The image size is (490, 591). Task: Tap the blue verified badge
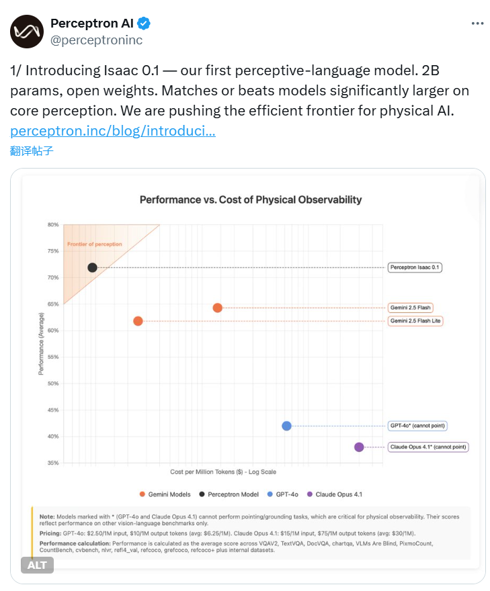pos(145,24)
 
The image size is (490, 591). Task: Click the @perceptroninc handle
pos(97,40)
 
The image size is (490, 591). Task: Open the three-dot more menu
pos(477,23)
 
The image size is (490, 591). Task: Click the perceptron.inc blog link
pos(113,131)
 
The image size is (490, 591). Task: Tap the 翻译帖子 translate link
pos(32,150)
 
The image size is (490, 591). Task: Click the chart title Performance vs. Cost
pos(250,199)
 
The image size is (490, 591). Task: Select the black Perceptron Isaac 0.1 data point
pos(93,267)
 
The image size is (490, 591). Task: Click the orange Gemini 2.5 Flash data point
pos(217,308)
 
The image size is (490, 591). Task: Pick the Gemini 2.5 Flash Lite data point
pos(138,321)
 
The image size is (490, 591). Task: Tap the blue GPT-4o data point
pos(286,426)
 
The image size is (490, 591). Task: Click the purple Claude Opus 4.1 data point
pos(359,447)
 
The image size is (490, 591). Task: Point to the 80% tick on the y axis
pos(53,225)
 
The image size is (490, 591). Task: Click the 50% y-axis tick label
pos(53,383)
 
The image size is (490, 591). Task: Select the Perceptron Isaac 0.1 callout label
pos(415,267)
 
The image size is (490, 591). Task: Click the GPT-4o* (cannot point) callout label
pos(417,426)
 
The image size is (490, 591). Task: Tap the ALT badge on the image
pos(37,565)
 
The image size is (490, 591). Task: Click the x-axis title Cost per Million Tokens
pos(223,472)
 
